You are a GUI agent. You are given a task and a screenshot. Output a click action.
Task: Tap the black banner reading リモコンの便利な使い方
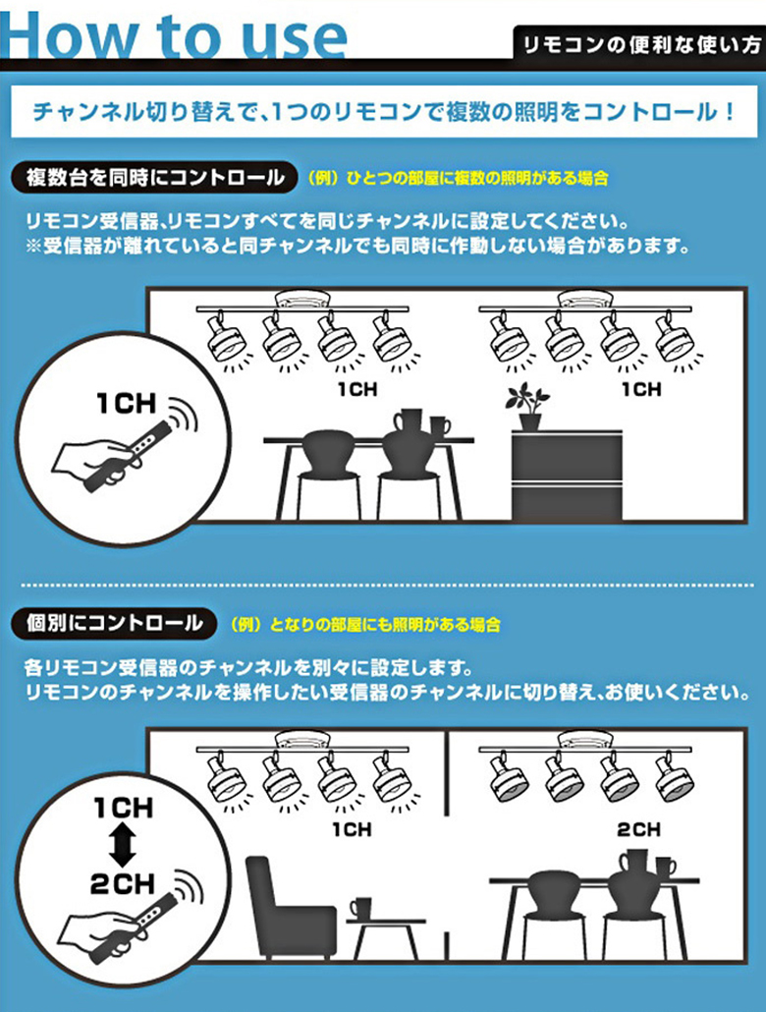(639, 44)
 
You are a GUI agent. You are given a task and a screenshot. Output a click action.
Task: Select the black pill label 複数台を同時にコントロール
(154, 178)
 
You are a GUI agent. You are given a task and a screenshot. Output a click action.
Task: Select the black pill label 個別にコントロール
(114, 624)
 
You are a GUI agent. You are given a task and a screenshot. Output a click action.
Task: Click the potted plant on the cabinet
(528, 407)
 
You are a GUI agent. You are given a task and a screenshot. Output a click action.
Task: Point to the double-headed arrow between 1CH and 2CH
(123, 846)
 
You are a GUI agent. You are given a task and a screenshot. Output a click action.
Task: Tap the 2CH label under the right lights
(639, 829)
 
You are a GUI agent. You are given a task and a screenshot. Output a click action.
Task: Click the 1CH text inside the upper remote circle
(127, 404)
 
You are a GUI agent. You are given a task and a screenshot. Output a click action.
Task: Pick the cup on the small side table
(361, 908)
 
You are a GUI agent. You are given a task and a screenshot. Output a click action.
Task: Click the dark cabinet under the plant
(567, 476)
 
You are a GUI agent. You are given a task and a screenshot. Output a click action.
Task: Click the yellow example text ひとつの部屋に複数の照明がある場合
(459, 178)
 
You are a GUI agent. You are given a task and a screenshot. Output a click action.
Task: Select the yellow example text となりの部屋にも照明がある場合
(366, 625)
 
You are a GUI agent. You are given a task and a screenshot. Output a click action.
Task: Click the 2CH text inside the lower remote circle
(123, 883)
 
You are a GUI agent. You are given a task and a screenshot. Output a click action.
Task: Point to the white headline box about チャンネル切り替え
(384, 112)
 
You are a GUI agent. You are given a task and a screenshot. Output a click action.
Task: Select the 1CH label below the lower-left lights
(352, 829)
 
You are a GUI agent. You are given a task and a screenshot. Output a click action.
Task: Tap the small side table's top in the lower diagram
(386, 922)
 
